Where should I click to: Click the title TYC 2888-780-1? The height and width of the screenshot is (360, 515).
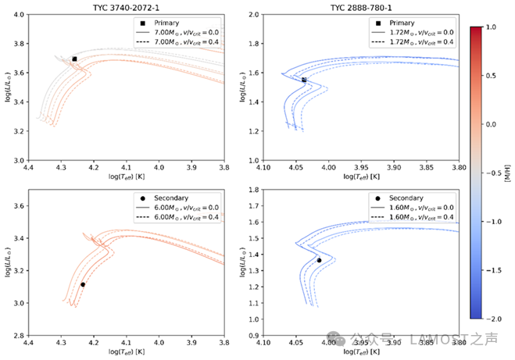pos(360,5)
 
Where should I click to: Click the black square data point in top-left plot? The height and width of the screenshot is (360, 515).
pos(74,59)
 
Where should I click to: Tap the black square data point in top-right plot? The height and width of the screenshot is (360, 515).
pos(304,80)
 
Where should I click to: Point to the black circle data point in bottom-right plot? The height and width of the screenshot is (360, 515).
pos(319,260)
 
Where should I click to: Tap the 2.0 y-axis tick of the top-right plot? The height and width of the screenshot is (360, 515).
pos(252,15)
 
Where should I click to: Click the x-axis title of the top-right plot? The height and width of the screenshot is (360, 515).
pos(360,176)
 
